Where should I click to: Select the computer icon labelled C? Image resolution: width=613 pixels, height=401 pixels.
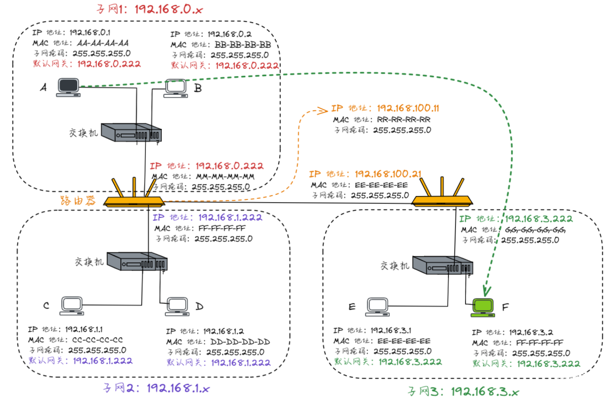pyautogui.click(x=72, y=306)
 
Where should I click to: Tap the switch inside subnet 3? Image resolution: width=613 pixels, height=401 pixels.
pyautogui.click(x=441, y=265)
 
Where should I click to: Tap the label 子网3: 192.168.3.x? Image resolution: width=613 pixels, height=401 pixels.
pyautogui.click(x=464, y=391)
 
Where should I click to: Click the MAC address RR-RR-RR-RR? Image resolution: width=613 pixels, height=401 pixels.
pyautogui.click(x=404, y=119)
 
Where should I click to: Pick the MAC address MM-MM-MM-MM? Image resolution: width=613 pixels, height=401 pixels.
pyautogui.click(x=224, y=177)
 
